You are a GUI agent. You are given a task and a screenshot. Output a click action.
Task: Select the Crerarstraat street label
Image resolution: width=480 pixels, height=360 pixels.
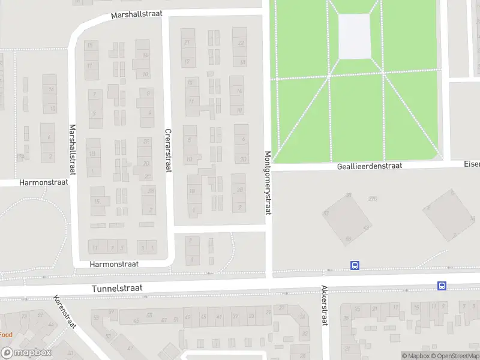point(168,150)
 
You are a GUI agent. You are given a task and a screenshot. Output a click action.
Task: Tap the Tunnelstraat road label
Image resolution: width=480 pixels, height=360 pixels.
point(117,289)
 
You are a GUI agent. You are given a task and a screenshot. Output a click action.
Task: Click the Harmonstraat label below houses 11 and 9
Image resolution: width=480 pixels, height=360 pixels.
point(114,263)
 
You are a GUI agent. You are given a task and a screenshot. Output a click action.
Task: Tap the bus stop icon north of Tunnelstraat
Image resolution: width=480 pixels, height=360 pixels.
point(355,265)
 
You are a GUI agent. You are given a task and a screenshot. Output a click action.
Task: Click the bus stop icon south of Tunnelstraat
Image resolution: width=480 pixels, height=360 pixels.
point(442,286)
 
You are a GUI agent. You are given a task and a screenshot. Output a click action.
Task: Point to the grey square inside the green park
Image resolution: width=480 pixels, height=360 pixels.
point(354,35)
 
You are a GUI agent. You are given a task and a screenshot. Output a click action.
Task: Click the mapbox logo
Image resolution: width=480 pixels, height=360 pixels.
point(26,353)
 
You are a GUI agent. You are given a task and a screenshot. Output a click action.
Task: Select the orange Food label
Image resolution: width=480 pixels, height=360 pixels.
point(6,334)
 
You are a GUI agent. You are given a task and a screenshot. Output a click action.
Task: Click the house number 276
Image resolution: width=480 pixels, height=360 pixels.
point(373,198)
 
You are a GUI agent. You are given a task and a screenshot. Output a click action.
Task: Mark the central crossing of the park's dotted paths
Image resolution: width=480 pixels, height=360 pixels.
point(329,76)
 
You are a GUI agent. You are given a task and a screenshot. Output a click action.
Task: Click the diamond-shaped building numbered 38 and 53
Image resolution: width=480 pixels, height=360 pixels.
point(347,219)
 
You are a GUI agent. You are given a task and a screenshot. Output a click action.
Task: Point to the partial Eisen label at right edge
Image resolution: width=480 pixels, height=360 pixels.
point(472,163)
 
